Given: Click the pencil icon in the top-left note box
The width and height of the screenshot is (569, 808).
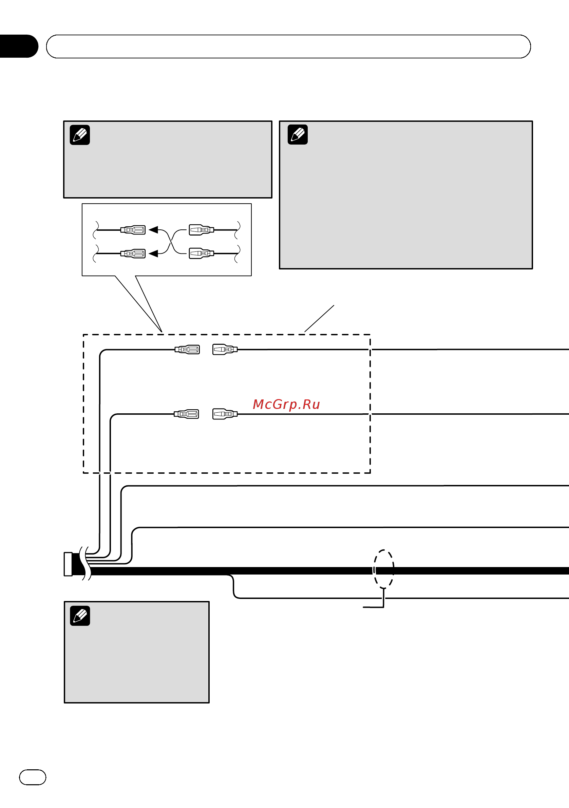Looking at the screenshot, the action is click(x=80, y=135).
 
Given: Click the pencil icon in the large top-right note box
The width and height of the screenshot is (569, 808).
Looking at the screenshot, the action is click(x=298, y=134).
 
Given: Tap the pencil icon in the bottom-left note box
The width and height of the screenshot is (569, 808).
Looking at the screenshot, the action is click(x=80, y=616).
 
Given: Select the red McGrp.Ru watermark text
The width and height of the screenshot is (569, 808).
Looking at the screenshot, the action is click(x=286, y=405).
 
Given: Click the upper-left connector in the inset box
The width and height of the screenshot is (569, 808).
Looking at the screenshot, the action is click(x=133, y=230).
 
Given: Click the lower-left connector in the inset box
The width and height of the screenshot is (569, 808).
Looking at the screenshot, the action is click(x=133, y=253).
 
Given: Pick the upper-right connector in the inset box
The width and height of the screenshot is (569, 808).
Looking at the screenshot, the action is click(x=201, y=230).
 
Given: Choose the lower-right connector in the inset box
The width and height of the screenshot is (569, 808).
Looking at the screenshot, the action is click(x=201, y=253).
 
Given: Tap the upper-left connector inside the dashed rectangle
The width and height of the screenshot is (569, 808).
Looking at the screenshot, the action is click(x=187, y=350).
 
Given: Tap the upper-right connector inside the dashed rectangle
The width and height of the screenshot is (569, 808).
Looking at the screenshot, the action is click(x=225, y=350).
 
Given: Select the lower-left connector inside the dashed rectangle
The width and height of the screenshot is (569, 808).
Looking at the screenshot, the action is click(x=187, y=414).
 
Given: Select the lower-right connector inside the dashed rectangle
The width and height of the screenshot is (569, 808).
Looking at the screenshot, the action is click(x=225, y=414).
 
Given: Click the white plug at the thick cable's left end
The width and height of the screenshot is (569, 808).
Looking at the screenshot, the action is click(x=68, y=564).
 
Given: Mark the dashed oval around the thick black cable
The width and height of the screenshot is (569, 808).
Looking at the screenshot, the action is click(x=374, y=569).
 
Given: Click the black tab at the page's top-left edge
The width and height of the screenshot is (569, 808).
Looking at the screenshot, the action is click(x=18, y=46).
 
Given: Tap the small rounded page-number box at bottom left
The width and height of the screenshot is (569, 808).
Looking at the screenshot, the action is click(x=32, y=777).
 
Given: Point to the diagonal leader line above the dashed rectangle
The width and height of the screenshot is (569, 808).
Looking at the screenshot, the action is click(x=319, y=319).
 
